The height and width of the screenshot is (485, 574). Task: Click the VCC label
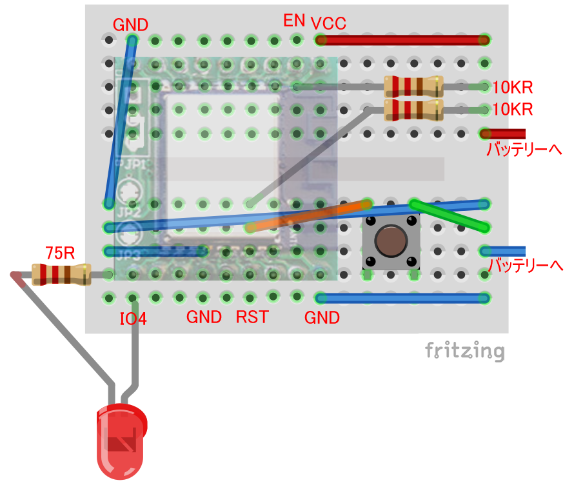pyautogui.click(x=329, y=23)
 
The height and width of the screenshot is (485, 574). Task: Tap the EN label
pyautogui.click(x=294, y=20)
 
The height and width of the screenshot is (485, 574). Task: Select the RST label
pyautogui.click(x=252, y=317)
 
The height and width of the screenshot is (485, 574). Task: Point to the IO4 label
pyautogui.click(x=134, y=318)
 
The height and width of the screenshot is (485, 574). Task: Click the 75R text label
pyautogui.click(x=59, y=252)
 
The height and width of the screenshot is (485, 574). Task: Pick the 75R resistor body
pyautogui.click(x=61, y=274)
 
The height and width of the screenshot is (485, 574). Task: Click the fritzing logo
pyautogui.click(x=464, y=351)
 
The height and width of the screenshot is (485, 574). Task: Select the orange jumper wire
pyautogui.click(x=308, y=216)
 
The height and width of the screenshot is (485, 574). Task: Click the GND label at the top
pyautogui.click(x=130, y=25)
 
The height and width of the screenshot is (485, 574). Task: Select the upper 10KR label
pyautogui.click(x=513, y=88)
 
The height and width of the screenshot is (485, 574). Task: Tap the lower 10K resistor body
pyautogui.click(x=413, y=110)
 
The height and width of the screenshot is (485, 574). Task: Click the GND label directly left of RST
pyautogui.click(x=204, y=317)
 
